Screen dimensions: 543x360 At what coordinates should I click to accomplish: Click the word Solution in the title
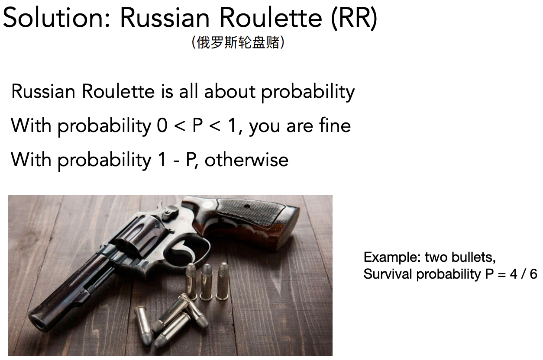click(56, 18)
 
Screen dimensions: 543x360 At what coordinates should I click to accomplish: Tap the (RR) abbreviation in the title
click(354, 19)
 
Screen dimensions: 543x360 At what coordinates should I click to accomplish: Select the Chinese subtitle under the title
click(238, 42)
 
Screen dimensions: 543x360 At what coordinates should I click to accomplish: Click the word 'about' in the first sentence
click(230, 91)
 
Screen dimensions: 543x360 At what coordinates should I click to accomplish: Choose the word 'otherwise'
click(246, 160)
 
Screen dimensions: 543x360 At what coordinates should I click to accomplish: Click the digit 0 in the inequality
click(162, 125)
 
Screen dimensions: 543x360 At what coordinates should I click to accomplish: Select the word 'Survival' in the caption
click(388, 274)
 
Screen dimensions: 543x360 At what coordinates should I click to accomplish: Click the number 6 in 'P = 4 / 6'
click(533, 274)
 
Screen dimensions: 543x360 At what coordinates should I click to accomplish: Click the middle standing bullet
click(207, 282)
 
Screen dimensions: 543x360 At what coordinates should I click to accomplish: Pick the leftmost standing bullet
click(191, 280)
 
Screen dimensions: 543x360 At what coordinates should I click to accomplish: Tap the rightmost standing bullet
click(223, 281)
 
